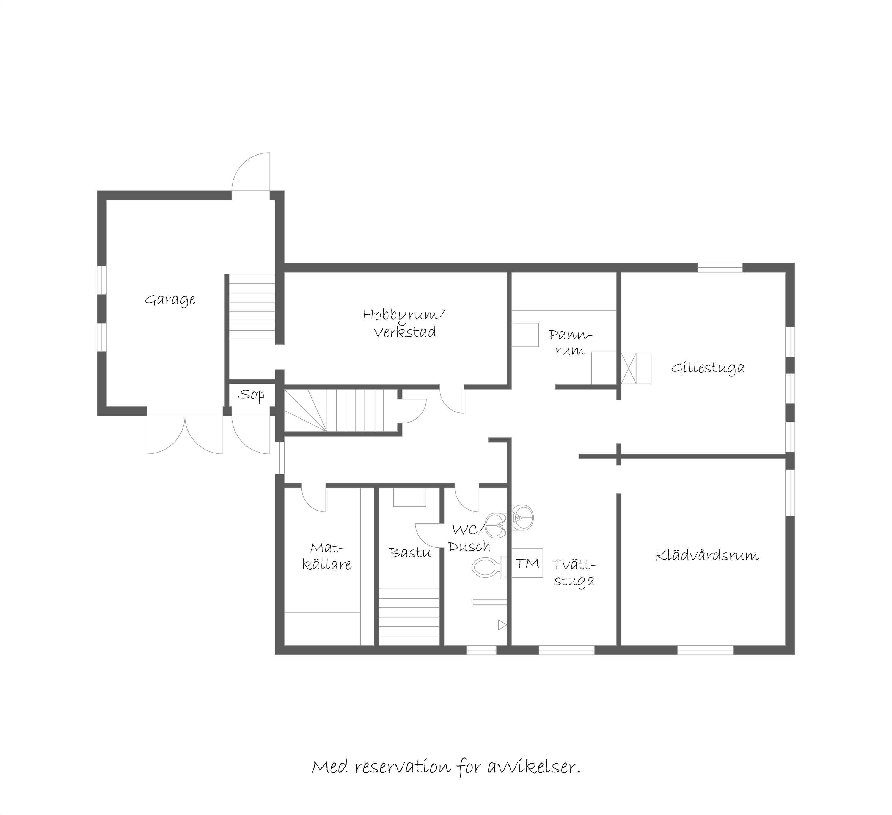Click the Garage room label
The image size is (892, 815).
pos(170,300)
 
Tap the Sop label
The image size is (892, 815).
pos(251,395)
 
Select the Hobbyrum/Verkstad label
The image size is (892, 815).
pos(404,324)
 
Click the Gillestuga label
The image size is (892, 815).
pos(707,368)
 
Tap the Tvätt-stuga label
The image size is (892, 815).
pos(574,573)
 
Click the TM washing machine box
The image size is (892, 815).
pos(527,563)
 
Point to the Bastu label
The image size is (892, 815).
pos(410,553)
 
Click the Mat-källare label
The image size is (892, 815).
pos(327,556)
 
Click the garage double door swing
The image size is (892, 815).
pos(185,435)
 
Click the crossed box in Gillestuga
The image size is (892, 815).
pos(629,368)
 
